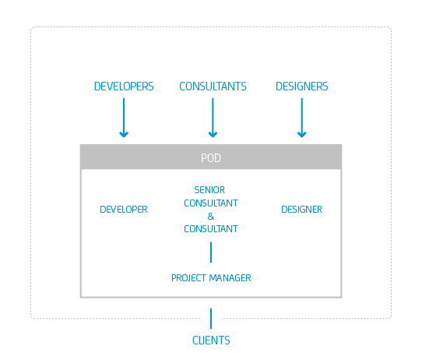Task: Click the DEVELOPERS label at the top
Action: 124,86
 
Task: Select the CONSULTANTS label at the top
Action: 213,86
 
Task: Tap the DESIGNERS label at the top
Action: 301,86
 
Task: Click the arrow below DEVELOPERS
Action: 124,118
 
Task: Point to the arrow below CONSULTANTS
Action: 213,118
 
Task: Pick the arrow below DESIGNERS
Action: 301,118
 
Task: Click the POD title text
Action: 211,158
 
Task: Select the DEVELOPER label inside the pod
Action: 124,210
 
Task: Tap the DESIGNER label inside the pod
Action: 301,210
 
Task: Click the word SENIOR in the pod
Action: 209,190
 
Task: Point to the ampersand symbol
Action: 211,216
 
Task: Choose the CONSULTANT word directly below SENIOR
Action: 211,203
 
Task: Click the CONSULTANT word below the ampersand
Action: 211,229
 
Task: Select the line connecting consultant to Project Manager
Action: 211,252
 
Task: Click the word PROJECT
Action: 189,278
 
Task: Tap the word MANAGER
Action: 230,278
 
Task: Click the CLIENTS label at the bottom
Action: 211,341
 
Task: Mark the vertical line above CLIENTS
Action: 211,319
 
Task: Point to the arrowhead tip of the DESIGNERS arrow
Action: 301,137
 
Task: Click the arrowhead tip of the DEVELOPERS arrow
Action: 124,137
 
